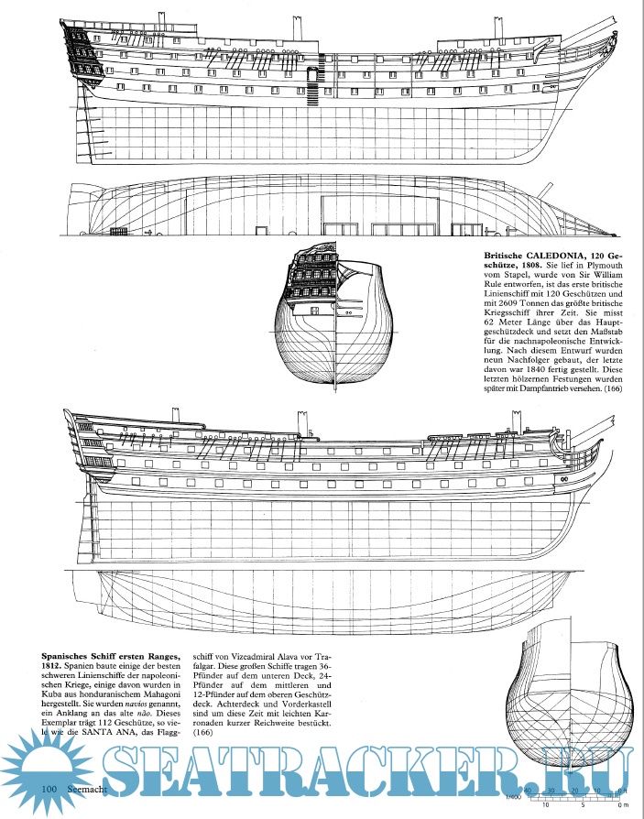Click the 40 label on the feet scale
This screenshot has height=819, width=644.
point(527,789)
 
